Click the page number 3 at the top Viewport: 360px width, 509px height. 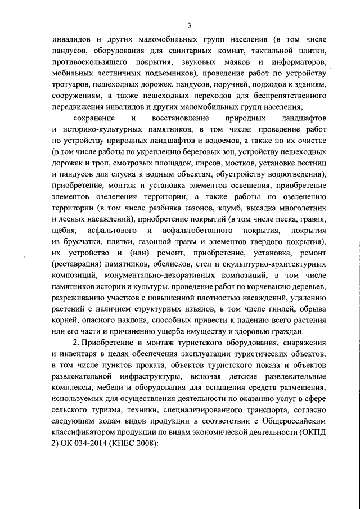(x=190, y=25)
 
